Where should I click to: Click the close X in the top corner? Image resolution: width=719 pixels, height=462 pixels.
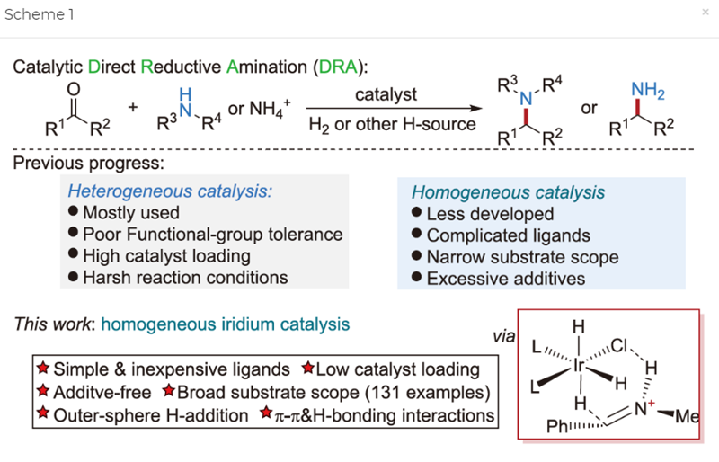[705, 13]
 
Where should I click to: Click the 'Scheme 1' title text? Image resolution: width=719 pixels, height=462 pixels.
[40, 14]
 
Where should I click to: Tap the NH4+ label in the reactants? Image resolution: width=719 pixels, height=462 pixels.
[261, 110]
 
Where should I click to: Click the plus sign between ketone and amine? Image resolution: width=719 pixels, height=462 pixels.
[133, 109]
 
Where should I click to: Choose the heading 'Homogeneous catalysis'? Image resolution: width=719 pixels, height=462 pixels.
[508, 192]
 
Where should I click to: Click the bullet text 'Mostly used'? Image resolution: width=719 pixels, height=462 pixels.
[130, 213]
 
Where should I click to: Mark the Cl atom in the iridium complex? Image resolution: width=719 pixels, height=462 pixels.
[626, 344]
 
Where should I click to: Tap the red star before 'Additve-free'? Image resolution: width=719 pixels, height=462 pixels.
[41, 392]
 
